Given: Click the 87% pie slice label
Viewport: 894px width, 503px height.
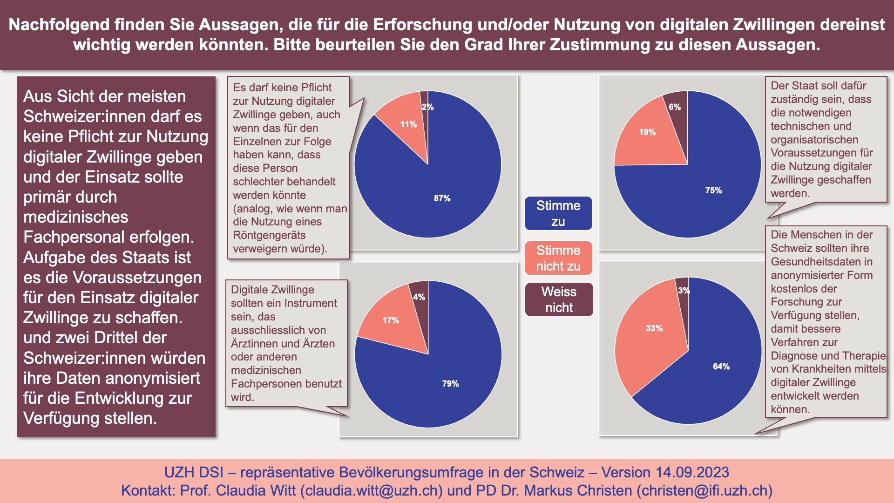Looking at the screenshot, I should [x=442, y=198].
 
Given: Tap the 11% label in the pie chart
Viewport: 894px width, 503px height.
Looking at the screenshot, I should [x=408, y=124].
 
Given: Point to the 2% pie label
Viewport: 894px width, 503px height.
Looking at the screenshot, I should [x=427, y=107].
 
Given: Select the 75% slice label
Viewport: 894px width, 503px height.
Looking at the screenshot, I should [x=713, y=190].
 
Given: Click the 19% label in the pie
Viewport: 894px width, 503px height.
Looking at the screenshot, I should [x=647, y=132].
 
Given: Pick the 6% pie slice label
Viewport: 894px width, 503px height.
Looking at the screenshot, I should [x=674, y=107].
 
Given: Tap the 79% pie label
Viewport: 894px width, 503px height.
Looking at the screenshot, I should [x=450, y=384].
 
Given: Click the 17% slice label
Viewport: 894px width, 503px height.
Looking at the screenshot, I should [x=391, y=320].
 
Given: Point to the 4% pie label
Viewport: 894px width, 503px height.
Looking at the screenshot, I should [x=419, y=297].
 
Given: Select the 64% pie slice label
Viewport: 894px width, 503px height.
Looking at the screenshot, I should [x=721, y=367].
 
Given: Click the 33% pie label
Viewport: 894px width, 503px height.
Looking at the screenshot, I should [x=654, y=328].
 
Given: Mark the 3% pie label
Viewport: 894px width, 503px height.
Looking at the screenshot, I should [x=684, y=291].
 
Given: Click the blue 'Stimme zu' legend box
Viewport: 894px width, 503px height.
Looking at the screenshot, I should [x=558, y=213].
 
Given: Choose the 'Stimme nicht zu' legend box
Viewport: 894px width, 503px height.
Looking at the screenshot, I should [x=558, y=258].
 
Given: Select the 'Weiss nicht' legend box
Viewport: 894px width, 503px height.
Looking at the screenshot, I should [x=559, y=299].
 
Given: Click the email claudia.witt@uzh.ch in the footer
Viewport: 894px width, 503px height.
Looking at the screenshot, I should [x=372, y=490].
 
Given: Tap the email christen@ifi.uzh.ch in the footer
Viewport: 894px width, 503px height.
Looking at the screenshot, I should [x=704, y=490].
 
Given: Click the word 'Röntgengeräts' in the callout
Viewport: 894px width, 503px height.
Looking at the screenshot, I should [x=269, y=235].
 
